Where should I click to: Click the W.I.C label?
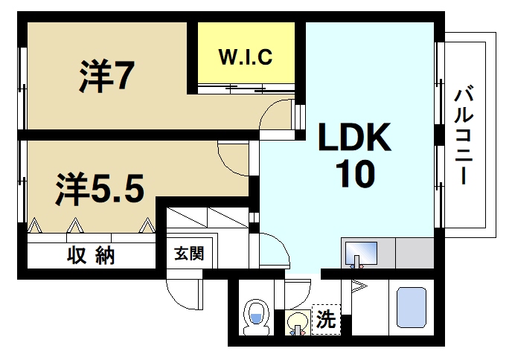click(x=245, y=56)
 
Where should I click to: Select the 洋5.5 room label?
click(x=97, y=189)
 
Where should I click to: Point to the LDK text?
click(x=355, y=138)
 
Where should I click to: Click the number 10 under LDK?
click(x=354, y=175)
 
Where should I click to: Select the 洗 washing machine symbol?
click(x=325, y=321)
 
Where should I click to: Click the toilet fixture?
click(x=256, y=318)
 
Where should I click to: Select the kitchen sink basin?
click(x=360, y=252)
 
